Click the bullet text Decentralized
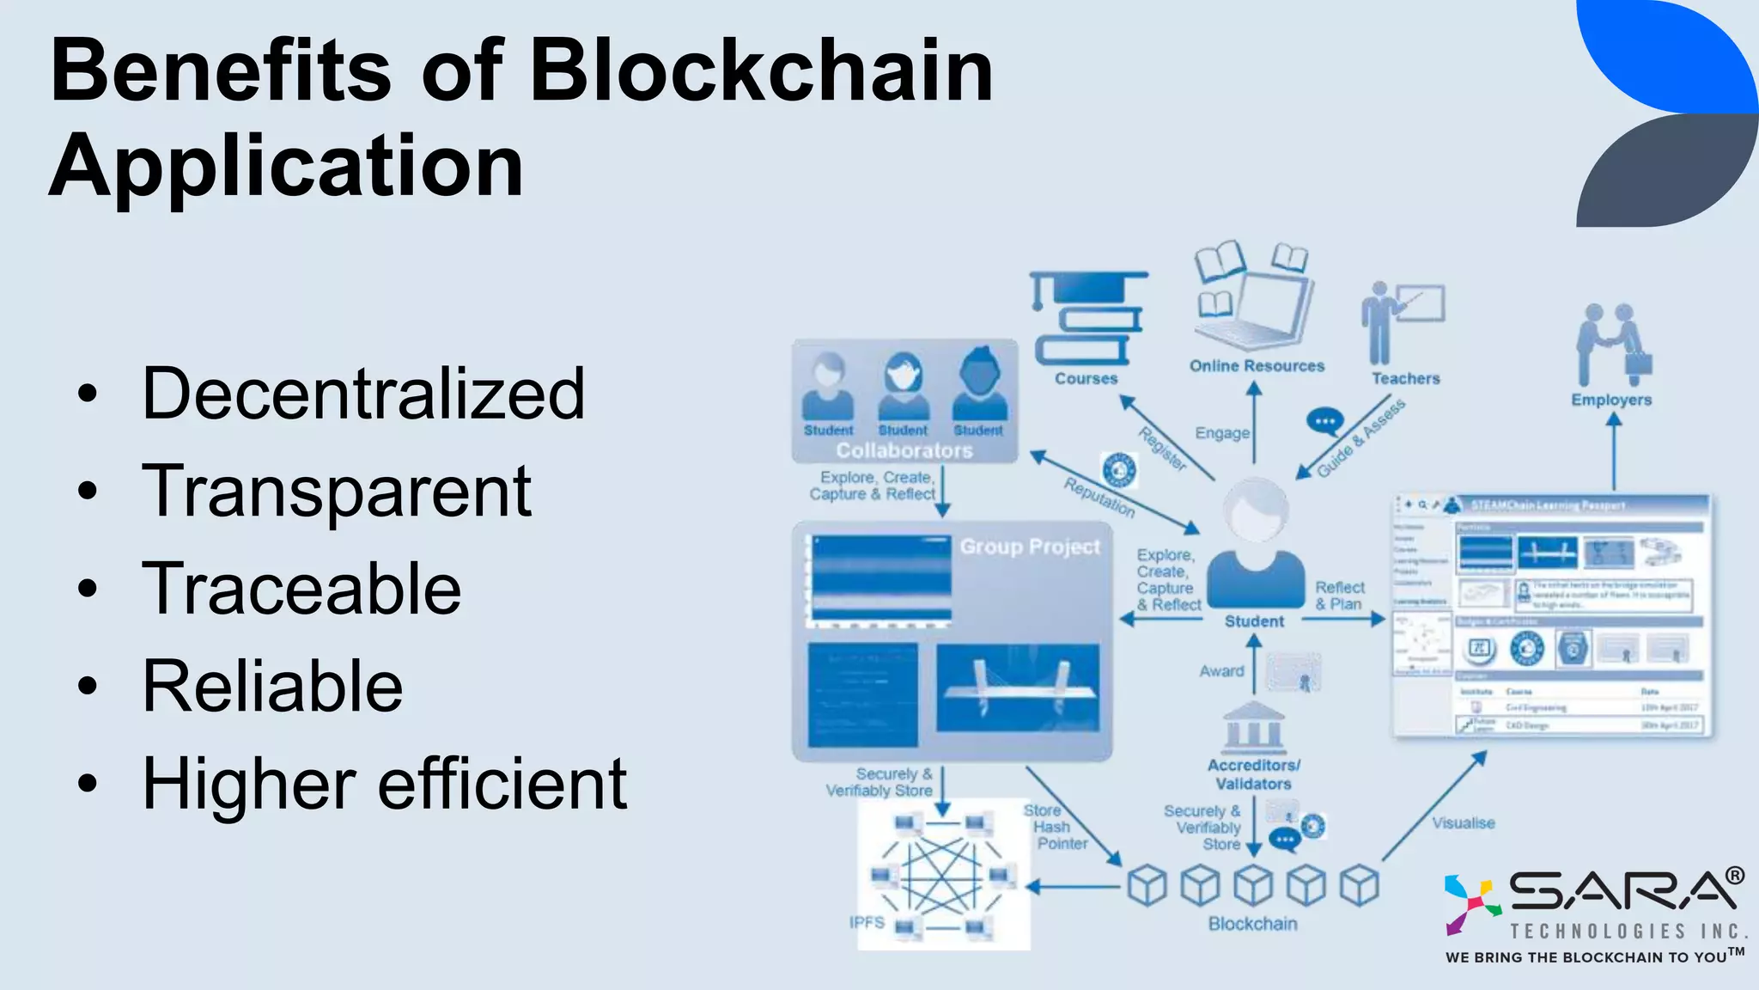point(362,394)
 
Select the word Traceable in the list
point(301,589)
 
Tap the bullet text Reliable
point(272,687)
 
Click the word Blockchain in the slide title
point(761,70)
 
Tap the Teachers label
point(1405,378)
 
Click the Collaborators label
point(904,450)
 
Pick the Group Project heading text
point(1030,547)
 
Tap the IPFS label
point(867,922)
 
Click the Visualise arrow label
point(1464,822)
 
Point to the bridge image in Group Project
point(1018,688)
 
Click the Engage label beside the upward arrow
point(1221,433)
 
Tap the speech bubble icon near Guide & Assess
point(1324,421)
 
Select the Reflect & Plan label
point(1339,596)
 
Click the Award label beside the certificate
point(1221,671)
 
